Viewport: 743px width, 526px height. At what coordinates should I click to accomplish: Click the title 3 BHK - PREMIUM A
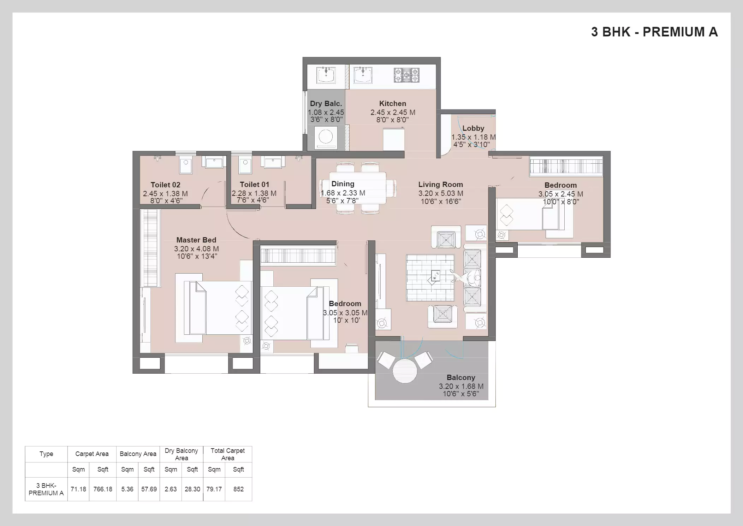(x=654, y=32)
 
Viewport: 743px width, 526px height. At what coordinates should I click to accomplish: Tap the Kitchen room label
(x=392, y=104)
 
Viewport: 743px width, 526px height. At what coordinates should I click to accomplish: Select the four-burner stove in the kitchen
(x=406, y=75)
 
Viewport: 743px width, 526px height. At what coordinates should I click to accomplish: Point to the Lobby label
(x=473, y=128)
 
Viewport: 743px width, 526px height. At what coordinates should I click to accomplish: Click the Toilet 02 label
(x=165, y=185)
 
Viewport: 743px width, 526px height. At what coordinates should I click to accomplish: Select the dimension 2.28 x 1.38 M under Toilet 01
(x=254, y=193)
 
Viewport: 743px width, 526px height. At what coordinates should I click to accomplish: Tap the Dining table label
(x=343, y=184)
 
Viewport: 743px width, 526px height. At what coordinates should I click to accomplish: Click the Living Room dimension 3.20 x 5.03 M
(x=440, y=193)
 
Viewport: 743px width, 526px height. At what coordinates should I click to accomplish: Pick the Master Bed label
(x=196, y=240)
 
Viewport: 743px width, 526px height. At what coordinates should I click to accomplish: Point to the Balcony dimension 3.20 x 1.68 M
(x=461, y=386)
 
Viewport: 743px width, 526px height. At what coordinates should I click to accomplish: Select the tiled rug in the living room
(x=430, y=277)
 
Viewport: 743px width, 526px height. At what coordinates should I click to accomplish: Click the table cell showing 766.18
(x=103, y=489)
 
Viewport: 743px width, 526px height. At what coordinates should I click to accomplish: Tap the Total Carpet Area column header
(x=227, y=454)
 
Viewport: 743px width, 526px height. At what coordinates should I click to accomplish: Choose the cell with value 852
(x=238, y=489)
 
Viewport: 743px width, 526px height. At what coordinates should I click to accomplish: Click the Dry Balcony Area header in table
(x=181, y=454)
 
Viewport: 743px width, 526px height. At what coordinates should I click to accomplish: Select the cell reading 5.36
(x=127, y=489)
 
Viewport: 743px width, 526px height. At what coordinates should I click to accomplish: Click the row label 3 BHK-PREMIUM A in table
(x=46, y=489)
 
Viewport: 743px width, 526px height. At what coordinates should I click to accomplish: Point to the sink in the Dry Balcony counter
(x=326, y=75)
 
